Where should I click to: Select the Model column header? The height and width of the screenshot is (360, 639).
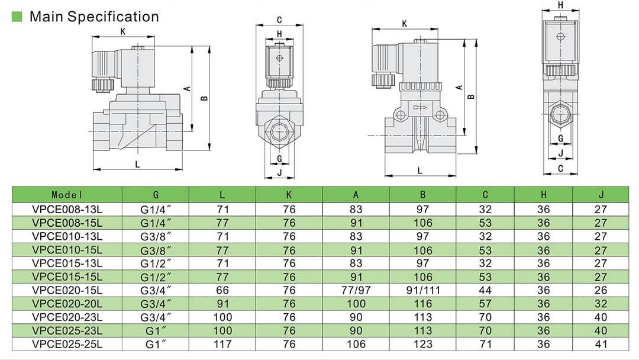coord(67,194)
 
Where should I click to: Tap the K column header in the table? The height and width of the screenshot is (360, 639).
coord(289,194)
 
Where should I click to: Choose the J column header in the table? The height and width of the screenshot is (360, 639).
coord(601,194)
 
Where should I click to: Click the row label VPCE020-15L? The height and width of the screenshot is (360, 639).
coord(67,290)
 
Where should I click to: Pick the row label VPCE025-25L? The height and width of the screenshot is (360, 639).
coord(67,344)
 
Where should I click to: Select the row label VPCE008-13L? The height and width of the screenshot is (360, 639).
coord(67,210)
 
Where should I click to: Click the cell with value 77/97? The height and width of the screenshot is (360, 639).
coord(356,290)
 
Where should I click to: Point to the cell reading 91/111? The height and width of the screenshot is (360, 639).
coord(422,290)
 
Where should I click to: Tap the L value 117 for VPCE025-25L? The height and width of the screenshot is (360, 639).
coord(222,344)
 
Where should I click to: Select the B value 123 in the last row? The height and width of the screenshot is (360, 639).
coord(422,344)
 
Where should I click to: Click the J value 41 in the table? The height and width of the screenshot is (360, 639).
coord(601,344)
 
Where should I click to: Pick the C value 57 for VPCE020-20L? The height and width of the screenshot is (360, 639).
coord(485,304)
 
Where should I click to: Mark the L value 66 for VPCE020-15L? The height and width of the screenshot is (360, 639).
coord(222,290)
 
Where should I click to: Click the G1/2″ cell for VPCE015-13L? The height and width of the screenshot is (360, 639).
coord(156,263)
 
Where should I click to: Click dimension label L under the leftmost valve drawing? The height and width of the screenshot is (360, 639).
coord(137,165)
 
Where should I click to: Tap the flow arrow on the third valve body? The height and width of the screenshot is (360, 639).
coord(421,107)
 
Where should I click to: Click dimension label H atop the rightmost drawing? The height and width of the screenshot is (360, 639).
coord(560,5)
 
